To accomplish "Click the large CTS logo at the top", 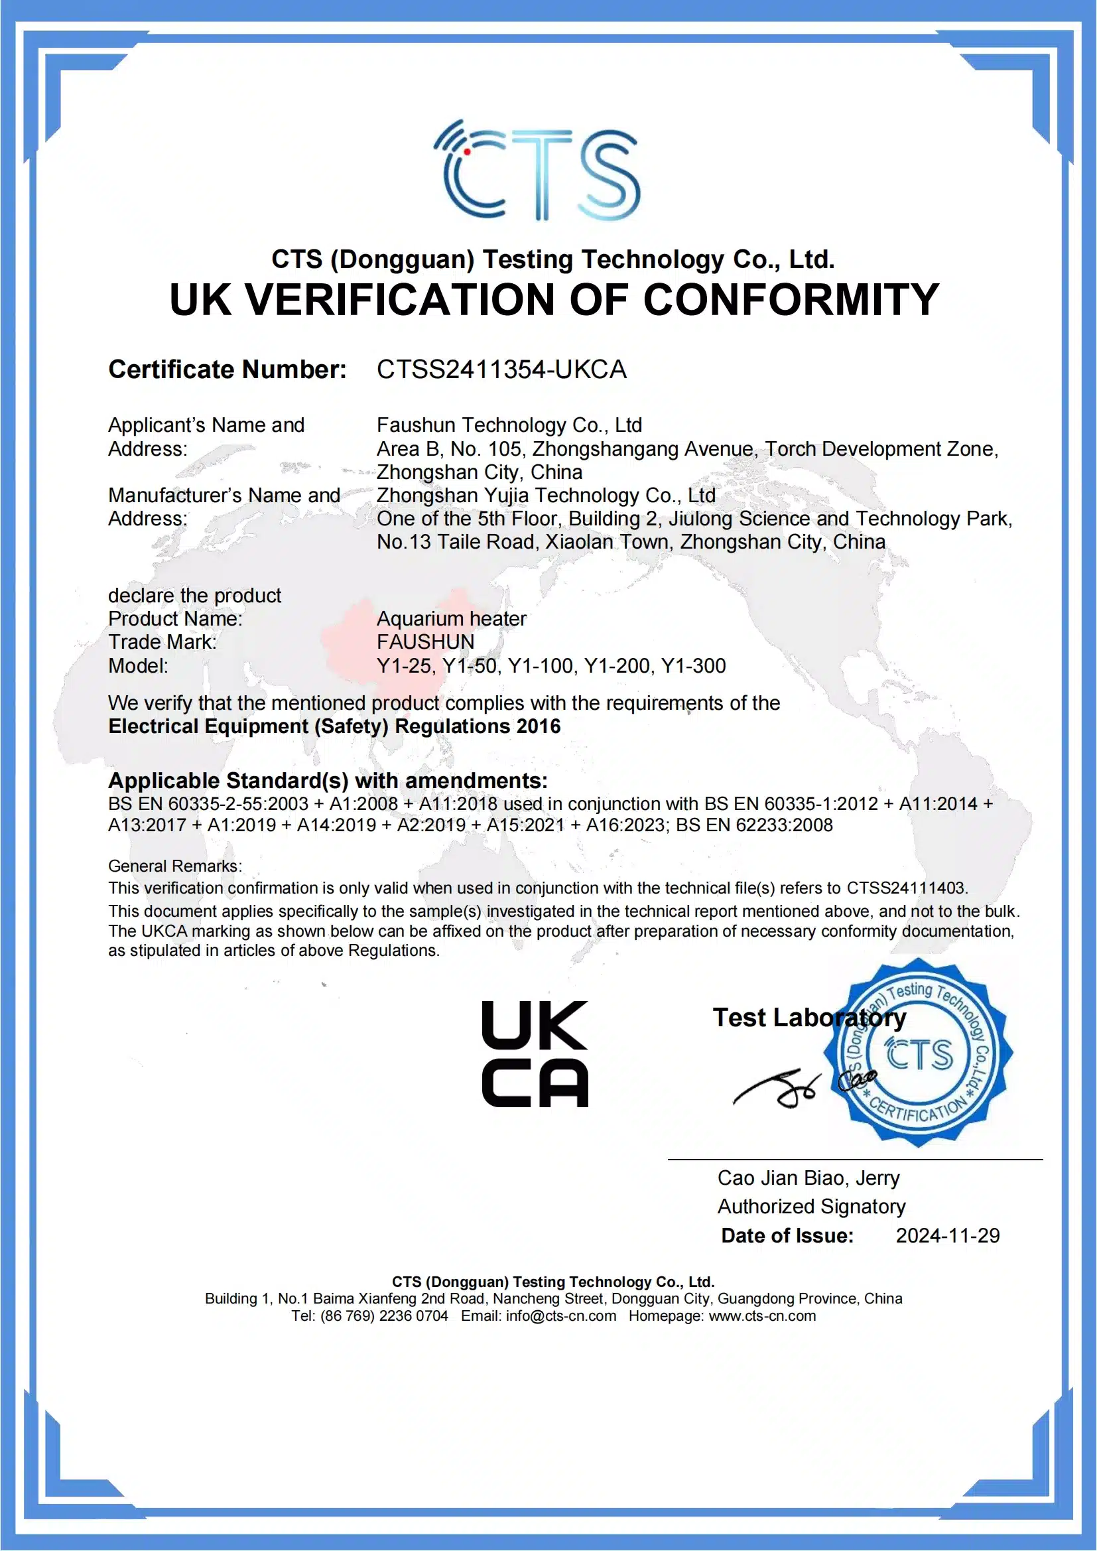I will pyautogui.click(x=537, y=170).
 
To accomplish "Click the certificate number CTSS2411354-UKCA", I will pyautogui.click(x=501, y=370).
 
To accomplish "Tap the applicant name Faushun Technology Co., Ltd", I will pyautogui.click(x=509, y=425).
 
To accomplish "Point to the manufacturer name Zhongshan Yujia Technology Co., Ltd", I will pyautogui.click(x=546, y=495).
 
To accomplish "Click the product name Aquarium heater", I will pyautogui.click(x=451, y=618).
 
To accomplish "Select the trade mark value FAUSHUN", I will pyautogui.click(x=426, y=641).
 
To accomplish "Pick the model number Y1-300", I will pyautogui.click(x=694, y=666).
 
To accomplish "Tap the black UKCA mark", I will pyautogui.click(x=535, y=1054).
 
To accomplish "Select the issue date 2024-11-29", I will pyautogui.click(x=947, y=1235).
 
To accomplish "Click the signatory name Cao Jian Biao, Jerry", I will pyautogui.click(x=808, y=1178).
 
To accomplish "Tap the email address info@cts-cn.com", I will pyautogui.click(x=560, y=1316).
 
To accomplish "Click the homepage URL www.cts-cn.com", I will pyautogui.click(x=762, y=1316).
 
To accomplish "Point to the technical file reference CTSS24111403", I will pyautogui.click(x=907, y=888).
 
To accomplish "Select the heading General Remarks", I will pyautogui.click(x=175, y=866).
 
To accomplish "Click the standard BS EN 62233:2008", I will pyautogui.click(x=754, y=825).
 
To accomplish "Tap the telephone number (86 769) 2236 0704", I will pyautogui.click(x=383, y=1316).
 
